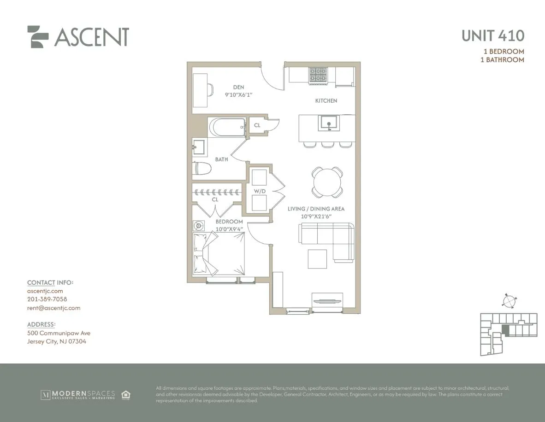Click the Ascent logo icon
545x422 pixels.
[38, 37]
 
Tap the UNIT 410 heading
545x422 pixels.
[493, 35]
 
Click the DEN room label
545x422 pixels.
[238, 87]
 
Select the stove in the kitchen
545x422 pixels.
[317, 76]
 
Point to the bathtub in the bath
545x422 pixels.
[227, 127]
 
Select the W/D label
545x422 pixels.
[259, 191]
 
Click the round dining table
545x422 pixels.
[327, 182]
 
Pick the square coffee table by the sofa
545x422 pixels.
[317, 258]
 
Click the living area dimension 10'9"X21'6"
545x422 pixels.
[316, 216]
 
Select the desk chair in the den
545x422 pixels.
[210, 89]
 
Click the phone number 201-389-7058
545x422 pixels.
[47, 299]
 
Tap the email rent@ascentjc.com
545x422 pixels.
[53, 308]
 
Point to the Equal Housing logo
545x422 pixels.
[126, 394]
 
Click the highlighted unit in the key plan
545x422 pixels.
[505, 330]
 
